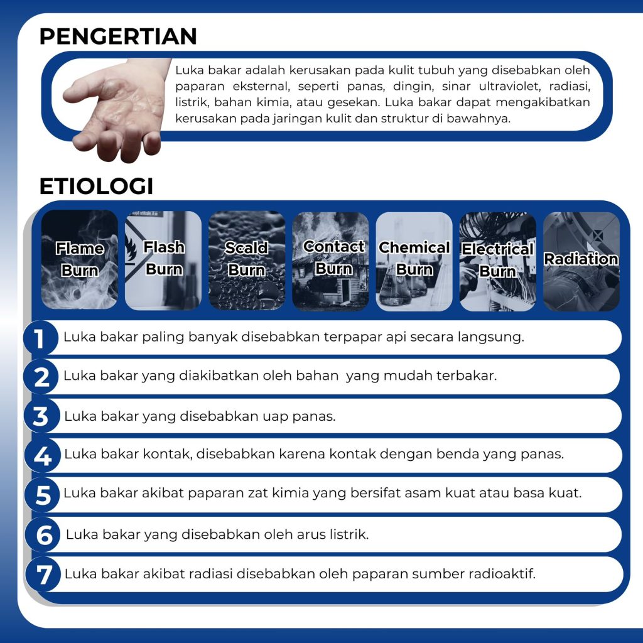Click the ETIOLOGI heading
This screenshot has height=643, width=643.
pyautogui.click(x=96, y=186)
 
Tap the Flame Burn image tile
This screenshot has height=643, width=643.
pyautogui.click(x=80, y=259)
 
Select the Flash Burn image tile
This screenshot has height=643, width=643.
pyautogui.click(x=163, y=261)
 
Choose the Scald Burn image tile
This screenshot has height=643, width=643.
pyautogui.click(x=247, y=261)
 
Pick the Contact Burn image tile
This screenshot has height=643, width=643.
pyautogui.click(x=330, y=261)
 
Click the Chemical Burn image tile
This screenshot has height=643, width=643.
pyautogui.click(x=414, y=261)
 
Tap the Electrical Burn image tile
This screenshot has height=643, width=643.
pyautogui.click(x=498, y=261)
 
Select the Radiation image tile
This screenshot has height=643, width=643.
pyautogui.click(x=581, y=261)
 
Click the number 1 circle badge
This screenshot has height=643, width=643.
pyautogui.click(x=40, y=338)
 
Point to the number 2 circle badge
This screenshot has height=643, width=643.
pyautogui.click(x=41, y=377)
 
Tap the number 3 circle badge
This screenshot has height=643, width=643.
pyautogui.click(x=41, y=416)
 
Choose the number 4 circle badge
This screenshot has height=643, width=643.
pyautogui.click(x=42, y=456)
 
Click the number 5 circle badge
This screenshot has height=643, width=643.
pyautogui.click(x=42, y=495)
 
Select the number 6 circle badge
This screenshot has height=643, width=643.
pyautogui.click(x=43, y=535)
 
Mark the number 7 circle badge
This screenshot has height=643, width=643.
pyautogui.click(x=43, y=574)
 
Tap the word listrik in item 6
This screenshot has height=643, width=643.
pyautogui.click(x=350, y=534)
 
